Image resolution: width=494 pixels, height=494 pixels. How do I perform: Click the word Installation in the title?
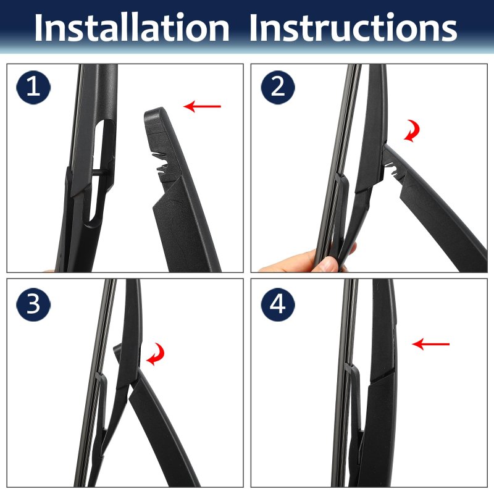tap(132, 27)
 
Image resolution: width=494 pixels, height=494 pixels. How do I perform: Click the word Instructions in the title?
tap(353, 27)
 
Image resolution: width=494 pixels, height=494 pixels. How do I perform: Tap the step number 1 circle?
tap(33, 87)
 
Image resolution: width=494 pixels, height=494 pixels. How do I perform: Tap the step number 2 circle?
tap(278, 87)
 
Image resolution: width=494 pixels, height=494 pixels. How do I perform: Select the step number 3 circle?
tap(33, 304)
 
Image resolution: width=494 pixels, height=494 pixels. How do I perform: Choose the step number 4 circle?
tap(278, 304)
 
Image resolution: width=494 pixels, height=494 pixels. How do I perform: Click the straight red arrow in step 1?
tap(203, 106)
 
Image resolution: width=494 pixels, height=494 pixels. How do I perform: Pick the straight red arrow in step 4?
tap(430, 344)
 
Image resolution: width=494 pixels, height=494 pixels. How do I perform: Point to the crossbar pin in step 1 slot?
tap(99, 172)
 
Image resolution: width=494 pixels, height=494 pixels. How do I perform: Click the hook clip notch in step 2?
tap(391, 167)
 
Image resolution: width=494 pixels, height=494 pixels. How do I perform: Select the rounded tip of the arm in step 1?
tap(154, 114)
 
